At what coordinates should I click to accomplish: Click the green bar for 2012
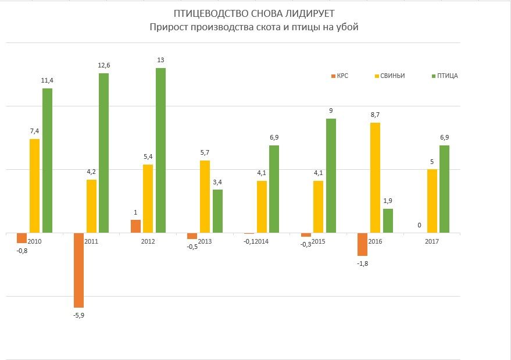click(x=160, y=150)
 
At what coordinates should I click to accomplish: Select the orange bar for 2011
click(x=78, y=270)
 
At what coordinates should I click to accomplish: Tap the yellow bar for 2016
click(x=375, y=177)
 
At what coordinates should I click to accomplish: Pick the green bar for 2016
click(x=388, y=221)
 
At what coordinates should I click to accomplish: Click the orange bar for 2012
click(x=135, y=226)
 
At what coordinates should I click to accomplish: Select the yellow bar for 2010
click(x=34, y=186)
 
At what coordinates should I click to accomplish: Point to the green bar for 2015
click(x=331, y=176)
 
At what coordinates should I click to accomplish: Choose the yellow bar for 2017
click(x=432, y=201)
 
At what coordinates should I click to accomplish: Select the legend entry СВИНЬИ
click(x=392, y=76)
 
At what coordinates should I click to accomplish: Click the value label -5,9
click(x=78, y=315)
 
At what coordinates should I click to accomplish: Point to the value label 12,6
click(x=103, y=66)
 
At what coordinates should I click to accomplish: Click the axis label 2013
click(x=205, y=241)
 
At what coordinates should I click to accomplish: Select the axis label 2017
click(x=432, y=241)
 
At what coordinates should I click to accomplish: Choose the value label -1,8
click(x=363, y=263)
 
